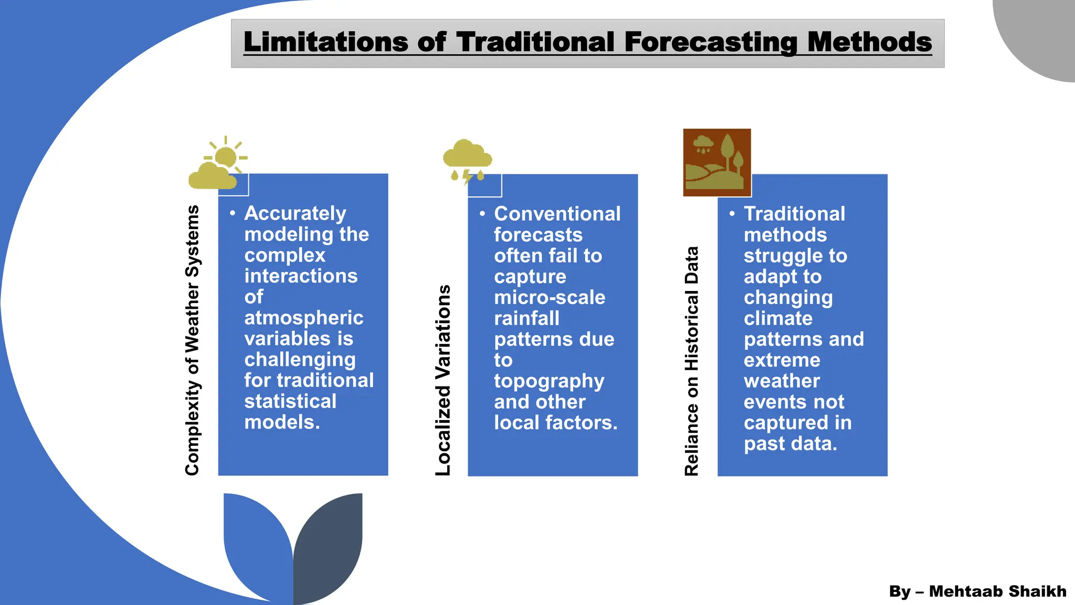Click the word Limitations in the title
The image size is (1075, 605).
325,42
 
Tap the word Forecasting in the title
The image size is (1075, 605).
711,42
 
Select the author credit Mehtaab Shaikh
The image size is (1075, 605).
997,591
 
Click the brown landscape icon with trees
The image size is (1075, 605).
716,162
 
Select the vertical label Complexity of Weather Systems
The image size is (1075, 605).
193,340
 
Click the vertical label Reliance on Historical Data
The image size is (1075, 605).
692,361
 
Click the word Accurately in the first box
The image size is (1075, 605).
295,213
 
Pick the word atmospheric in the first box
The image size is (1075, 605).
303,318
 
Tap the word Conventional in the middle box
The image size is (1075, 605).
557,214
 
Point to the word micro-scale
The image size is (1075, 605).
549,297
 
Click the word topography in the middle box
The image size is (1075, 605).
549,381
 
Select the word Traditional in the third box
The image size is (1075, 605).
794,214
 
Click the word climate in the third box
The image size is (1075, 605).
778,318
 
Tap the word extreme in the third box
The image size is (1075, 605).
782,360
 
